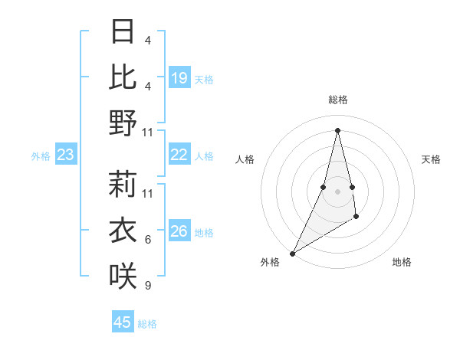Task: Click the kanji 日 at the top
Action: pyautogui.click(x=123, y=32)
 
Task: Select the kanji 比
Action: pyautogui.click(x=123, y=77)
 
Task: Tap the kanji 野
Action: pyautogui.click(x=123, y=123)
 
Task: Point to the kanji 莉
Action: pyautogui.click(x=123, y=185)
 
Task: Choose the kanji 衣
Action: pyautogui.click(x=123, y=231)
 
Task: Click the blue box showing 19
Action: pyautogui.click(x=179, y=78)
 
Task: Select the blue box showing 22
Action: pyautogui.click(x=179, y=155)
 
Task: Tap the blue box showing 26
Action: pyautogui.click(x=179, y=231)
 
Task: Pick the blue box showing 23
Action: pyautogui.click(x=65, y=155)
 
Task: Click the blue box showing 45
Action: pyautogui.click(x=123, y=322)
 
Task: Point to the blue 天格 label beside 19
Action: pyautogui.click(x=204, y=80)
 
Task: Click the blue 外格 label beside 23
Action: pyautogui.click(x=41, y=156)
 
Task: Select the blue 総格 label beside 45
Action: pyautogui.click(x=147, y=324)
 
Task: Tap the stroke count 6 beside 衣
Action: pyautogui.click(x=147, y=240)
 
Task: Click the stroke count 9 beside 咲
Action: pyautogui.click(x=147, y=286)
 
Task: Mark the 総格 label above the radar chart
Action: pyautogui.click(x=337, y=100)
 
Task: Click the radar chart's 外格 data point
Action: pyautogui.click(x=292, y=253)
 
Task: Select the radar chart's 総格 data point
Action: pyautogui.click(x=337, y=129)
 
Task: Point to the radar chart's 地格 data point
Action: pyautogui.click(x=356, y=218)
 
